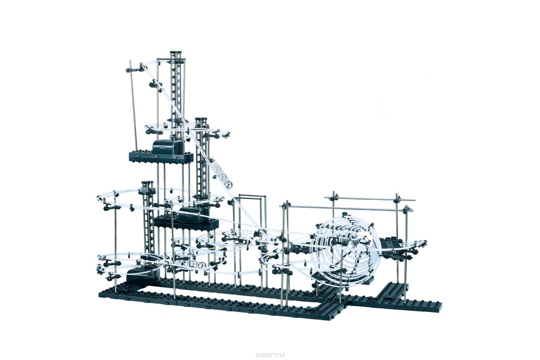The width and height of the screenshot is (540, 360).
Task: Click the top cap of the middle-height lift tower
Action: click(x=201, y=120)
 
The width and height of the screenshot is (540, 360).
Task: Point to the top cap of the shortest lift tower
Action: click(x=147, y=184)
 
